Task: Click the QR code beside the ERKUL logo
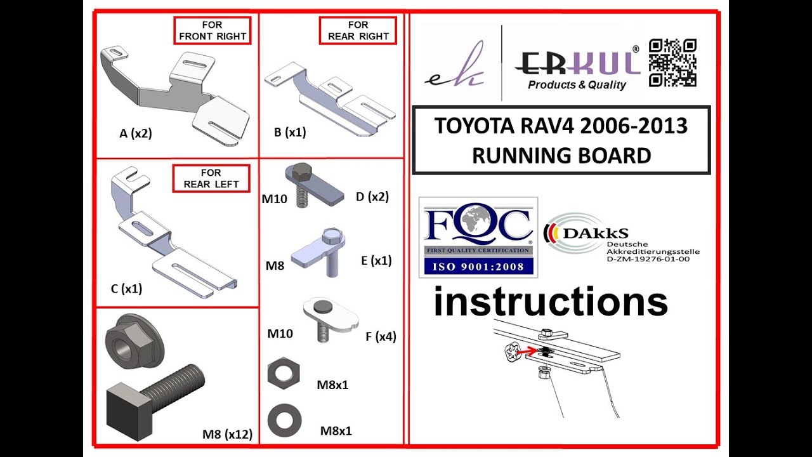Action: click(x=672, y=63)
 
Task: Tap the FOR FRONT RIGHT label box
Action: click(x=213, y=31)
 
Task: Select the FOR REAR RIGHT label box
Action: click(x=358, y=31)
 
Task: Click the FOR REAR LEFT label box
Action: click(x=211, y=178)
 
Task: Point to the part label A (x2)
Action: click(x=136, y=133)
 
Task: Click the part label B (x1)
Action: click(x=290, y=132)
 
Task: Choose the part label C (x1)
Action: click(x=126, y=289)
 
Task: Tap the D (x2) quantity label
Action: click(x=372, y=197)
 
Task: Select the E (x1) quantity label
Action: click(x=376, y=260)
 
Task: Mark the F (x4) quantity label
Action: click(x=381, y=336)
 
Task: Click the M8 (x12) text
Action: click(x=227, y=434)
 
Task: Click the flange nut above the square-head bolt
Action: click(x=135, y=341)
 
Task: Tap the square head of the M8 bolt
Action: click(x=129, y=411)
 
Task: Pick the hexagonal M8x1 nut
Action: click(x=284, y=373)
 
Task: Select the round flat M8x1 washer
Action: click(x=285, y=420)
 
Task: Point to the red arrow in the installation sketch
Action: click(x=527, y=351)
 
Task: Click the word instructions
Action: click(x=551, y=301)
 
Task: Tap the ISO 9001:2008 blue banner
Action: click(x=478, y=267)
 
